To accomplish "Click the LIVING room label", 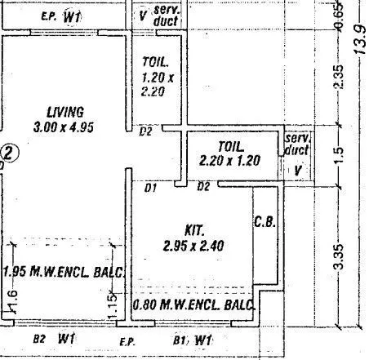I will point(65,111).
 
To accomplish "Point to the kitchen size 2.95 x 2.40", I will point(194,245).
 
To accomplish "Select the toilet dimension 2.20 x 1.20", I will point(229,161).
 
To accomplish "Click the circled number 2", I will point(9,153).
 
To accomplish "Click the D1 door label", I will point(150,189).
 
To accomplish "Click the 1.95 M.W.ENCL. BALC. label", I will point(63,271).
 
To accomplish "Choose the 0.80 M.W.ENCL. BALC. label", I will point(194,305).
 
